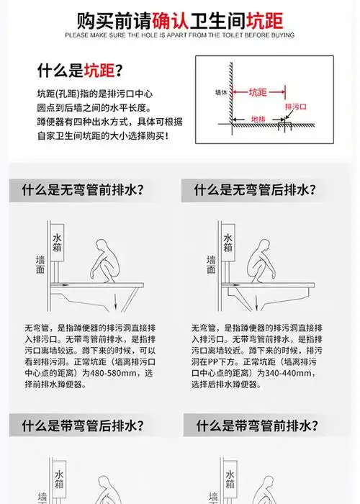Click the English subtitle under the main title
(179, 34)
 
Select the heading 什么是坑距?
(79, 71)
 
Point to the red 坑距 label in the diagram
(258, 92)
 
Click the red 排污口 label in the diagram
(295, 107)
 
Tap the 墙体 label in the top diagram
(220, 93)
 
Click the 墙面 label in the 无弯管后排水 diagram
(210, 264)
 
